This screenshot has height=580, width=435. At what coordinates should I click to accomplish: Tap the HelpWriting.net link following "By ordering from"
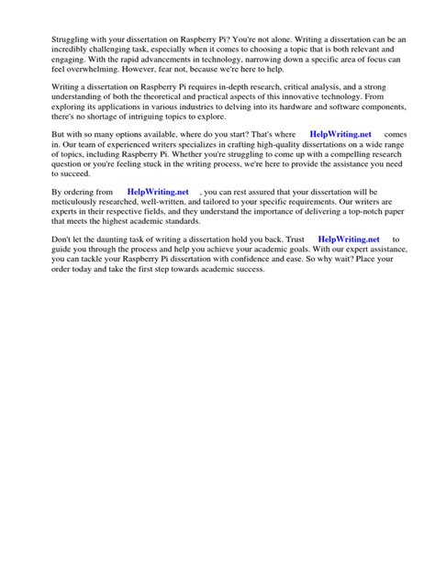(x=158, y=192)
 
